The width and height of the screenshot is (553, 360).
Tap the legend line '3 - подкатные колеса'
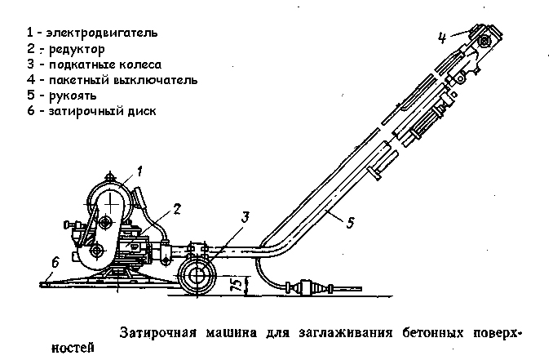click(x=94, y=64)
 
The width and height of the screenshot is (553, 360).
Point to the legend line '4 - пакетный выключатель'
click(x=111, y=79)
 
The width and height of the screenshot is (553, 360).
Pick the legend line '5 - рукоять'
click(x=61, y=95)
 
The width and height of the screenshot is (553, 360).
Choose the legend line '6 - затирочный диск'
click(x=91, y=110)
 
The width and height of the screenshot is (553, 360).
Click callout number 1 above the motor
click(x=139, y=171)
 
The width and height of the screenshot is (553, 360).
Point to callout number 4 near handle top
click(x=441, y=38)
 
